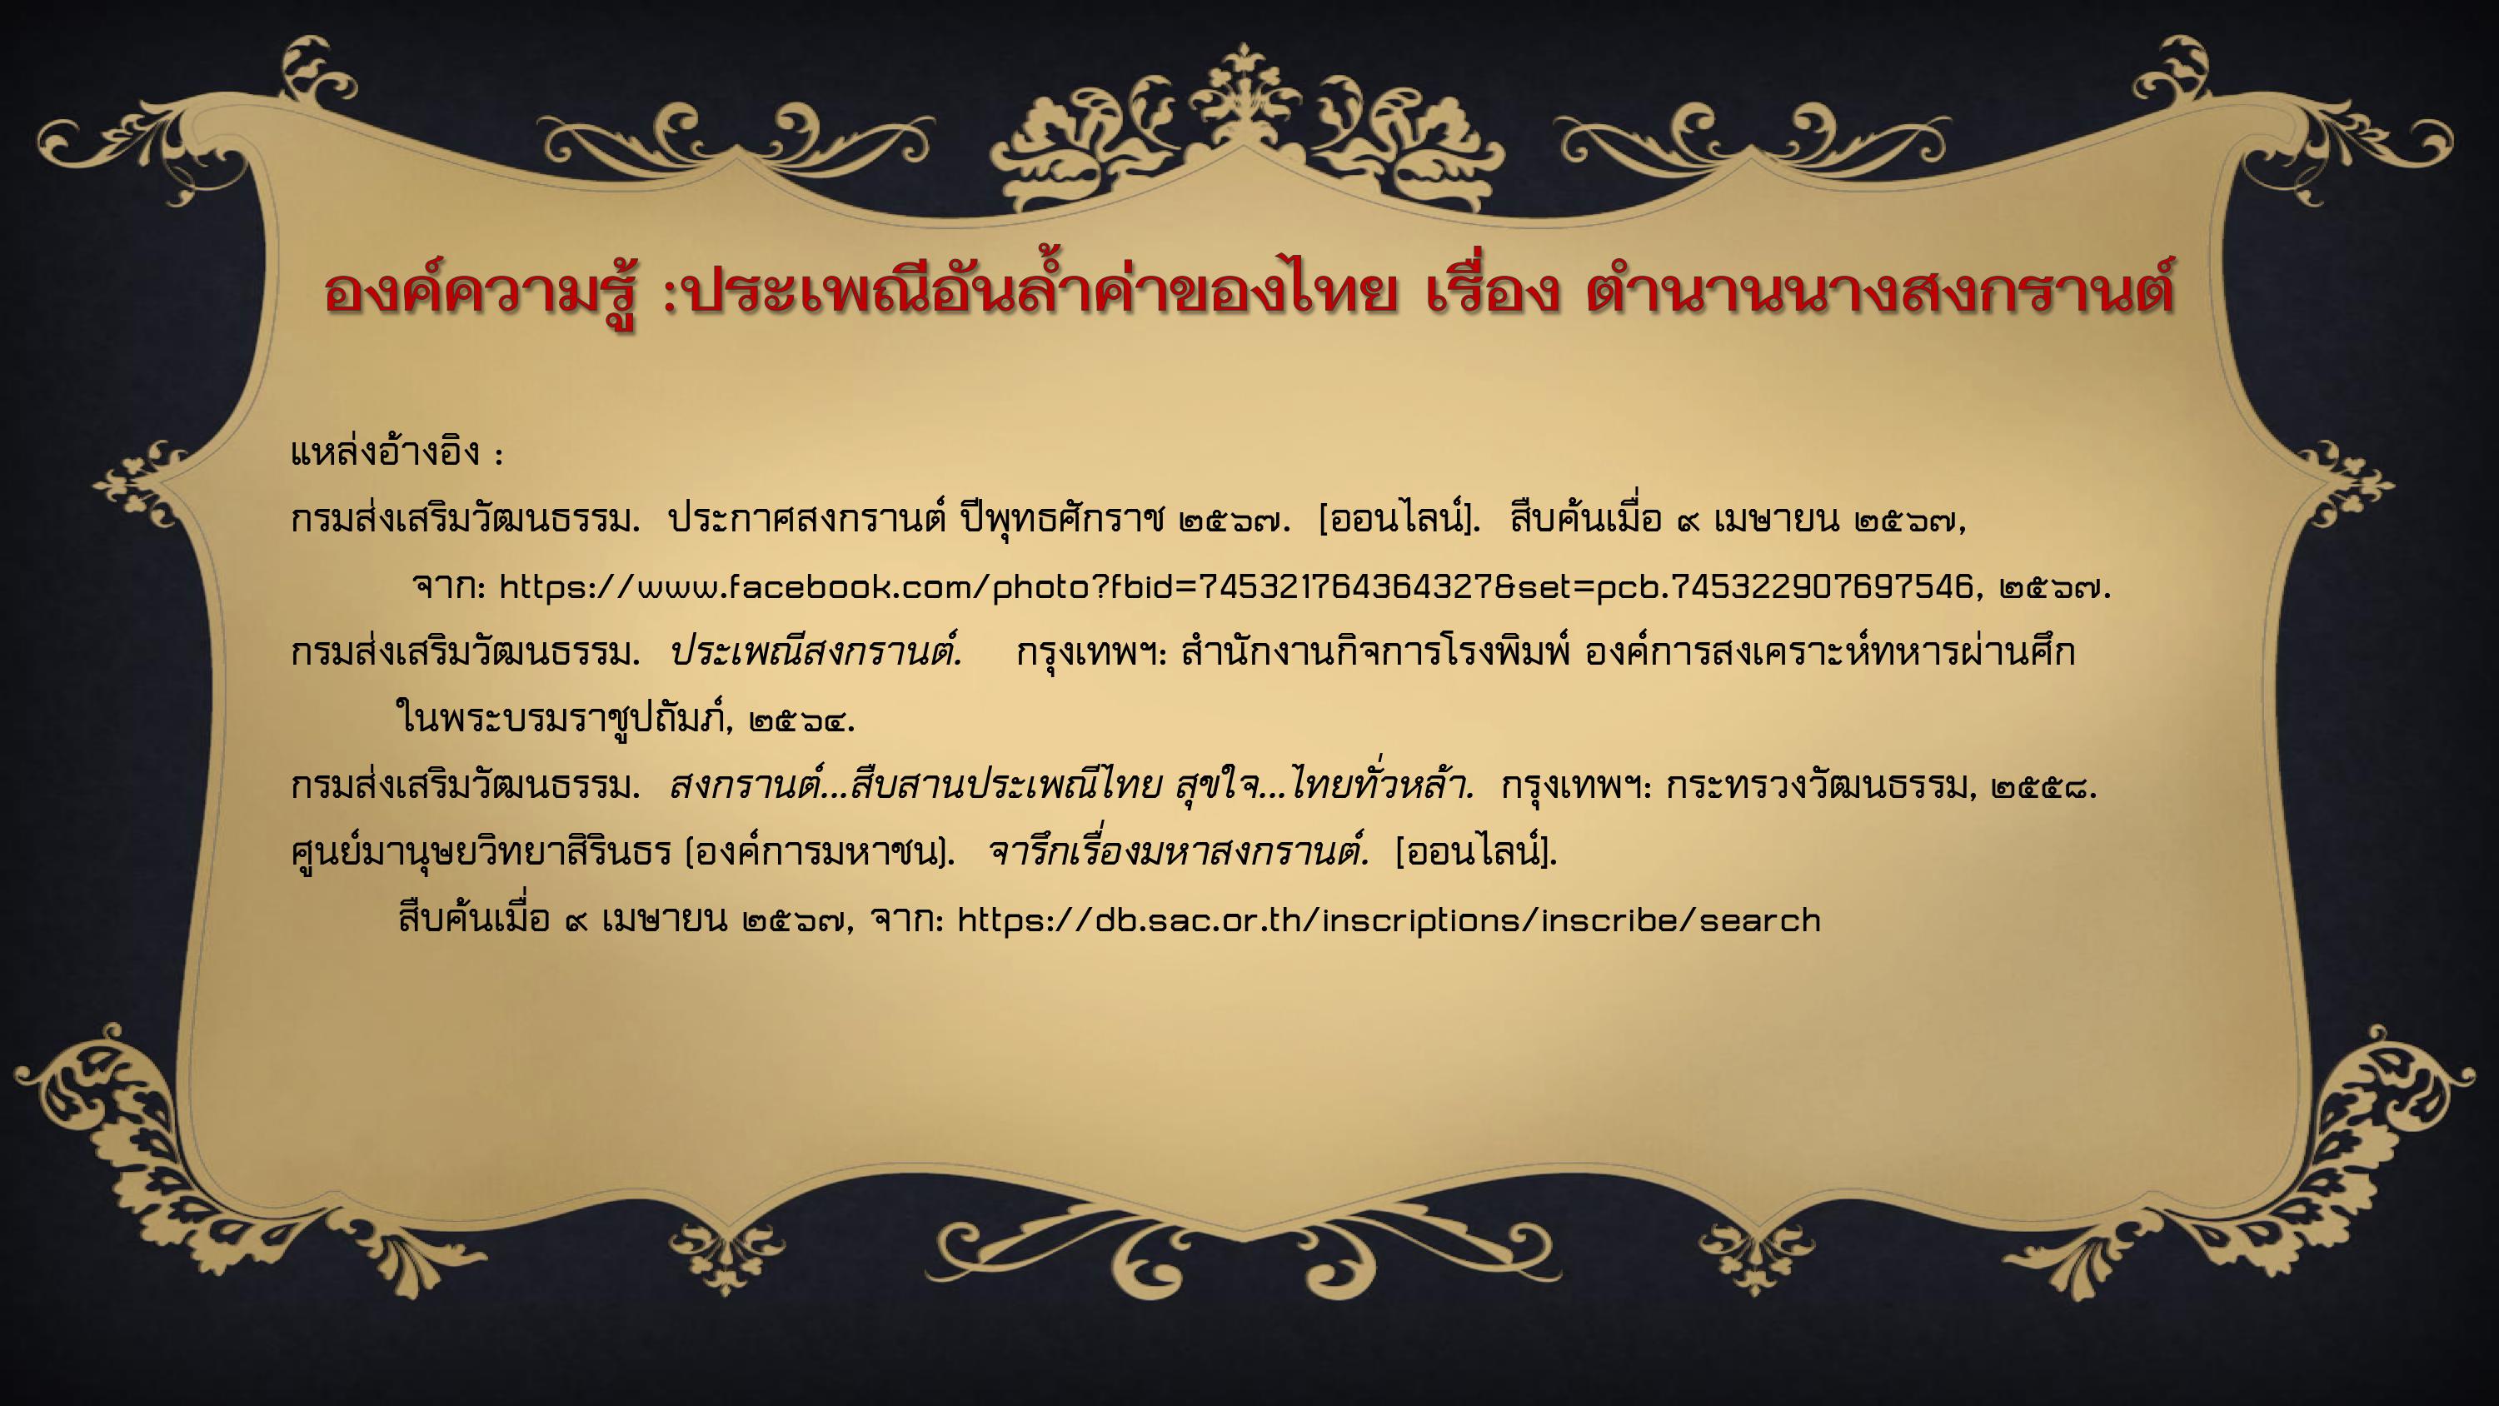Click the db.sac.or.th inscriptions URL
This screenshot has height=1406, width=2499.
click(x=1389, y=920)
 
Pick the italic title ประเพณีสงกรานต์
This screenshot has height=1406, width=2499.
click(x=816, y=652)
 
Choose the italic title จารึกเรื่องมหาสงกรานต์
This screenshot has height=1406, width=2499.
click(x=1179, y=852)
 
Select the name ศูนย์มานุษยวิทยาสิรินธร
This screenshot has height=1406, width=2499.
click(x=481, y=853)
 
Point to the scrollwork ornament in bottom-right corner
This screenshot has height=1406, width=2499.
click(x=2309, y=1164)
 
